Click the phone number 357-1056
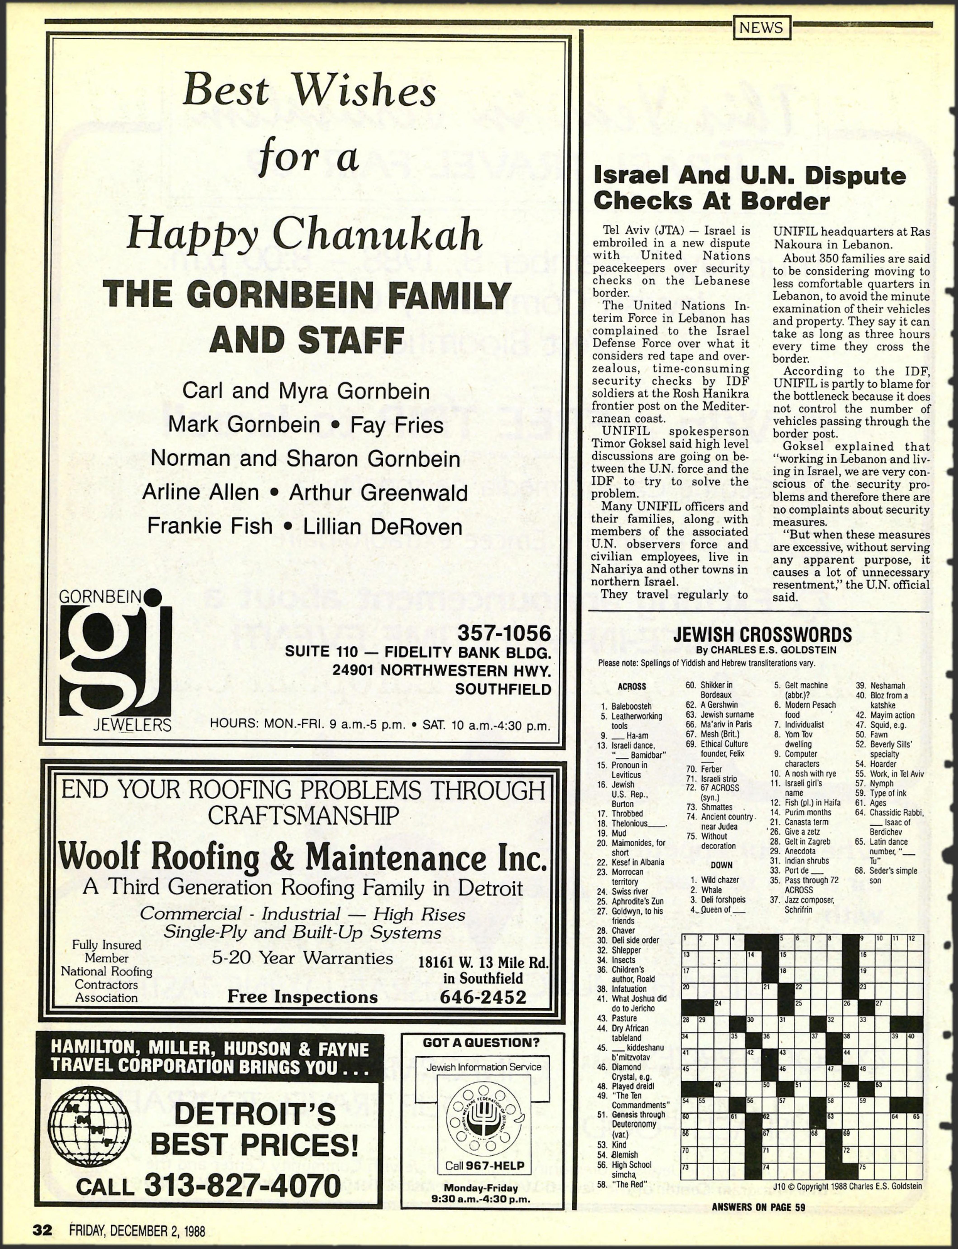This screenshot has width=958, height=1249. click(x=504, y=633)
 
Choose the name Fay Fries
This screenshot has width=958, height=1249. click(x=397, y=425)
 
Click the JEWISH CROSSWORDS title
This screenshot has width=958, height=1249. click(x=762, y=635)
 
